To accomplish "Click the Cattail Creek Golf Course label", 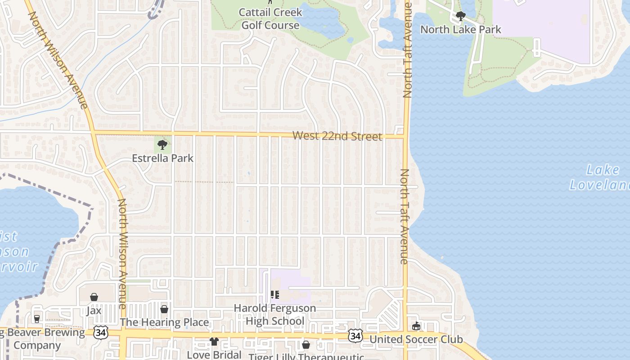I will pos(270,18).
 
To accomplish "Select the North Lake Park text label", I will pos(460,30).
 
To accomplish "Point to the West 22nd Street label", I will pos(337,136).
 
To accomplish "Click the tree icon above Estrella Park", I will pos(162,145).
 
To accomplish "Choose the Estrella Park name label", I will pos(162,158).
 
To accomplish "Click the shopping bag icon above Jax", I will pos(94,297).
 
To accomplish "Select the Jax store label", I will pos(94,310).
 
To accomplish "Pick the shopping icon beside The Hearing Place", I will pos(164,309).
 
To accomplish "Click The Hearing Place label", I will pos(164,322).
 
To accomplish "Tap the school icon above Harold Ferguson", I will pos(274,295).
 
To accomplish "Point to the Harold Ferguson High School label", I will pos(274,315).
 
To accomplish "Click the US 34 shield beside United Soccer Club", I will pos(355,335).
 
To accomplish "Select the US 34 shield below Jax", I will pos(100,333).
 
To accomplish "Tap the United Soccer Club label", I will pos(416,339).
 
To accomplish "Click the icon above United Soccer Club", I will pos(416,326).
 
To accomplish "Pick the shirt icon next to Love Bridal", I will pos(214,342).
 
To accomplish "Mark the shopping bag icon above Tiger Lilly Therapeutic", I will pos(306,345).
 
